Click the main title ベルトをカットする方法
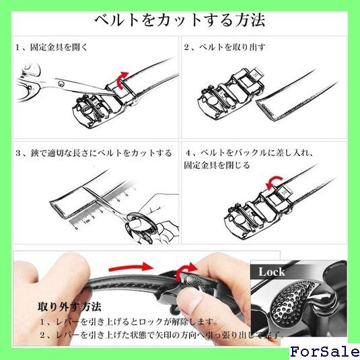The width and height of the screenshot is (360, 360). pyautogui.click(x=180, y=20)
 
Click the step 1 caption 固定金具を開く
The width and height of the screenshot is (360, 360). pyautogui.click(x=59, y=47)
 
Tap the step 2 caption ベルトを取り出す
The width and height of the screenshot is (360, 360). pyautogui.click(x=232, y=47)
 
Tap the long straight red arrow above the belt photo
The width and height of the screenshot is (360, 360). pyautogui.click(x=131, y=267)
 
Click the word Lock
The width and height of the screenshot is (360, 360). pyautogui.click(x=272, y=272)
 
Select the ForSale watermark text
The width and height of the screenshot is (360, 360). pyautogui.click(x=324, y=352)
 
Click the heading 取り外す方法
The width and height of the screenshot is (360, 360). pyautogui.click(x=69, y=307)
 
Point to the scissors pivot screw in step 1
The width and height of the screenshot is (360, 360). pyautogui.click(x=61, y=84)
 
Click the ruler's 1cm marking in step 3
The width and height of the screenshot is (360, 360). pyautogui.click(x=86, y=222)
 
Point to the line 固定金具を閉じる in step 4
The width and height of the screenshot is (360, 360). pyautogui.click(x=217, y=166)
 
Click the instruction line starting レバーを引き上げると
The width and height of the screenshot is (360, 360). pyautogui.click(x=129, y=322)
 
